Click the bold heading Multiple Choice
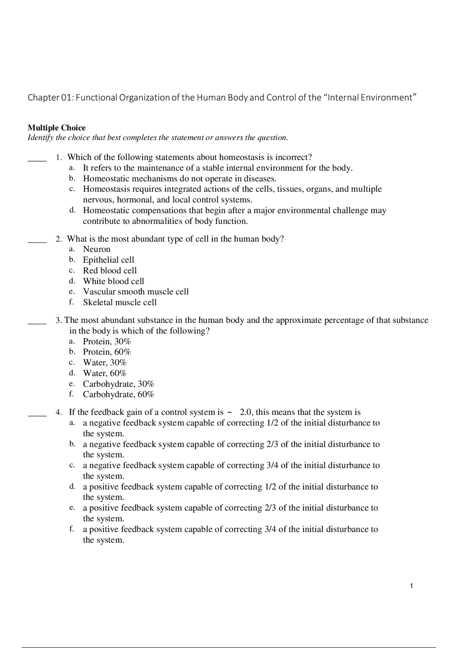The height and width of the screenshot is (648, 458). (57, 128)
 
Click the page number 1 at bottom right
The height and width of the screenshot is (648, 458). (411, 586)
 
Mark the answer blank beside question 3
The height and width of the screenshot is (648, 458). (37, 323)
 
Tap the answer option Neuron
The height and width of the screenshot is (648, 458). (97, 249)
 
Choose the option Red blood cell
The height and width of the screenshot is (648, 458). (110, 270)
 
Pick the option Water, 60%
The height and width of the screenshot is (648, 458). (105, 373)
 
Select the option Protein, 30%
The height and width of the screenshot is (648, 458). (107, 341)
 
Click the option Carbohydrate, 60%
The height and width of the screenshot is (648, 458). (118, 394)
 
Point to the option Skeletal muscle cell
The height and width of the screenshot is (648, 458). (120, 302)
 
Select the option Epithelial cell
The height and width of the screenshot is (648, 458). (108, 260)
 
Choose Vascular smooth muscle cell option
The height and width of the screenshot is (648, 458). (136, 292)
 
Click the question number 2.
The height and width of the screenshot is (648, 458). (59, 239)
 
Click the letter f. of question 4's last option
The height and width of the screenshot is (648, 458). (72, 529)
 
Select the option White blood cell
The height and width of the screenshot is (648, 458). (113, 281)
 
